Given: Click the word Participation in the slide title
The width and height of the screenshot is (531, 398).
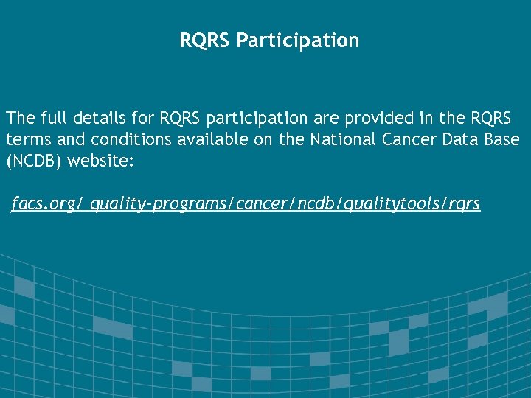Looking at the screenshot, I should click(298, 41).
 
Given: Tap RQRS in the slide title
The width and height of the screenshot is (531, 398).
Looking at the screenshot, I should click(205, 41).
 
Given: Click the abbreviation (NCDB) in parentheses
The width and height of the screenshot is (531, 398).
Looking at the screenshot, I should click(34, 161).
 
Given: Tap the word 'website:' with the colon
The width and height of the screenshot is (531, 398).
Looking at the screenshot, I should click(100, 161).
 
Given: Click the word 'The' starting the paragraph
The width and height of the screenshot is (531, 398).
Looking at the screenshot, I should click(20, 118).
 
